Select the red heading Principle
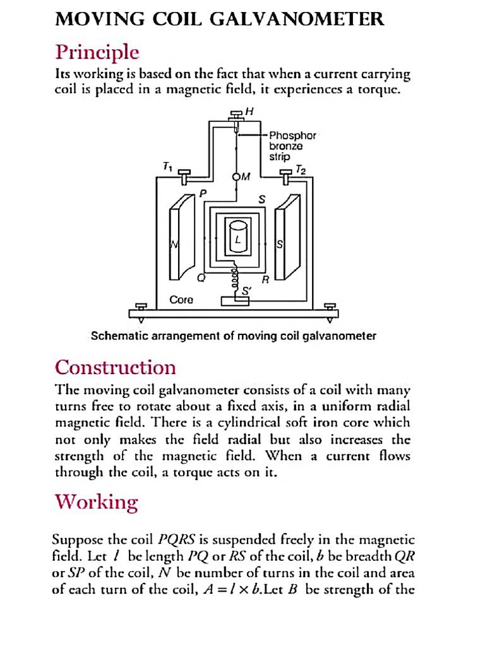click(97, 51)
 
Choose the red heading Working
click(96, 502)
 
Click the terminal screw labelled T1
click(184, 175)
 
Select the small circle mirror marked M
click(237, 177)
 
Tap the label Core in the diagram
click(181, 300)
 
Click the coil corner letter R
click(266, 278)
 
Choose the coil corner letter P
click(203, 194)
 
